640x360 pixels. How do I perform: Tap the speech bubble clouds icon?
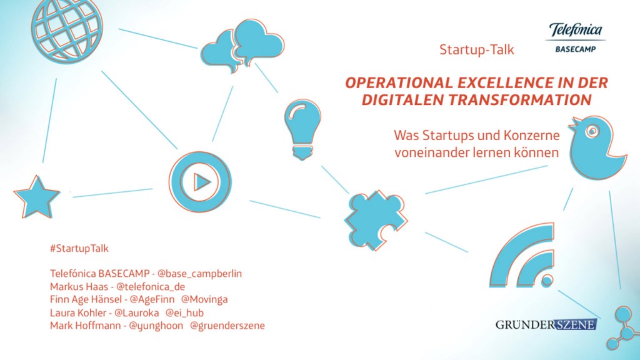click(242, 44)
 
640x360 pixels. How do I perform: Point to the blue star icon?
click(37, 196)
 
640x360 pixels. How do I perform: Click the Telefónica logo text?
click(576, 30)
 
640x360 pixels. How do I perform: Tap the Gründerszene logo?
click(546, 324)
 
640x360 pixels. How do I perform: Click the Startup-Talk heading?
click(476, 50)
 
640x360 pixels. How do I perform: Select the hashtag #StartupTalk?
click(79, 248)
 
